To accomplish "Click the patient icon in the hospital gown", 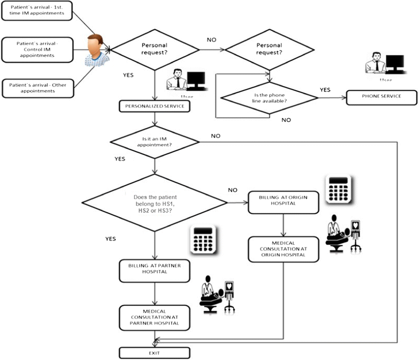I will (96, 50).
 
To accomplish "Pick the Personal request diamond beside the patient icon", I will (154, 49).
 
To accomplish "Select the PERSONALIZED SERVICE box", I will (154, 106).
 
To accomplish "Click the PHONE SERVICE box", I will (381, 96).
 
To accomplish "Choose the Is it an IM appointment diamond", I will (154, 141).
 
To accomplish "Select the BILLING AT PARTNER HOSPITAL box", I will (154, 268).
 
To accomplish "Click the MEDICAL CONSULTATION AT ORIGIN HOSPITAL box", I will (283, 248).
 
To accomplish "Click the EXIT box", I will (154, 352).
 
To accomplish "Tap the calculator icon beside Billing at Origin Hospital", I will (338, 189).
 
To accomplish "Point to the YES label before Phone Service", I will (325, 90).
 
